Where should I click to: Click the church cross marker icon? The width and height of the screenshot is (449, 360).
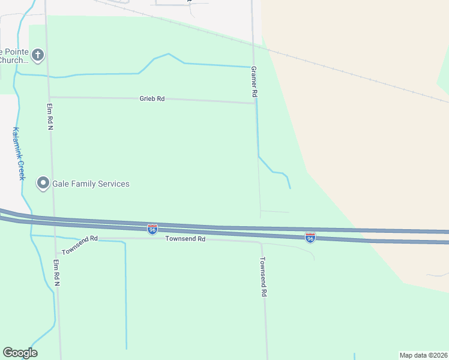38,56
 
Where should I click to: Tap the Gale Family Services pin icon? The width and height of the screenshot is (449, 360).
43,183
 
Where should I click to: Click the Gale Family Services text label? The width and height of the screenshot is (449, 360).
91,184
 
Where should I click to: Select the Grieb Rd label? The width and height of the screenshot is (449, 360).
152,99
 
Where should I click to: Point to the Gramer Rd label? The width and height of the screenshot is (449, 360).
254,82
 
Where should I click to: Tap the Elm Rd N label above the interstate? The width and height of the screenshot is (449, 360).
50,116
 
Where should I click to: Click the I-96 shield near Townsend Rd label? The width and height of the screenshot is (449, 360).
152,229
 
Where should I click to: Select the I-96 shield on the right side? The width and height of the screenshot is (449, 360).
310,238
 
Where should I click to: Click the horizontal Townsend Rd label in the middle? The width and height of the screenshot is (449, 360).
185,239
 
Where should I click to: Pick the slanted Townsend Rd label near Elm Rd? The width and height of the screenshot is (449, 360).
79,243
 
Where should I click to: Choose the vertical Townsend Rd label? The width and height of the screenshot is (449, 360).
263,277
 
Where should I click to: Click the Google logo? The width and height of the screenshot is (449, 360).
20,353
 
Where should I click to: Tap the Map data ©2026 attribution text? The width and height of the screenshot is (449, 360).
423,355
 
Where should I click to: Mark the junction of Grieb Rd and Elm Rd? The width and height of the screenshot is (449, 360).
49,97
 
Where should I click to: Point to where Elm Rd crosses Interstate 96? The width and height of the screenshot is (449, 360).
54,221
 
